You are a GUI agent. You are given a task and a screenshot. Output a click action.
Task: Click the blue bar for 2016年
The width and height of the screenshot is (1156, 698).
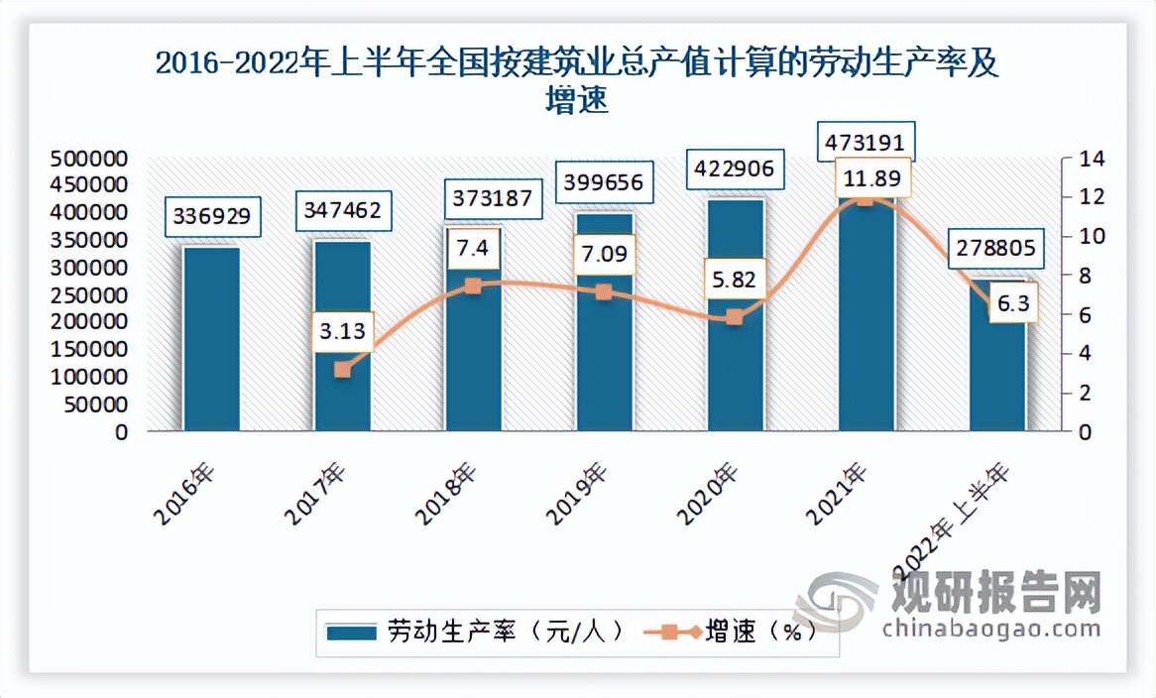[x=211, y=338]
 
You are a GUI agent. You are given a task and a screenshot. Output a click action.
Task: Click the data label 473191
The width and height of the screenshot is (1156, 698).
[x=866, y=140]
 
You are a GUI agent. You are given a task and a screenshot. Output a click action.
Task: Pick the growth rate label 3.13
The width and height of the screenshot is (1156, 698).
[x=342, y=330]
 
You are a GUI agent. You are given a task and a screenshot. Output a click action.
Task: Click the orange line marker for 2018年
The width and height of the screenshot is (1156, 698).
[x=473, y=286]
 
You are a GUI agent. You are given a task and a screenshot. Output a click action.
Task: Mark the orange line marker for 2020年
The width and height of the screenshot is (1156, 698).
[x=734, y=317]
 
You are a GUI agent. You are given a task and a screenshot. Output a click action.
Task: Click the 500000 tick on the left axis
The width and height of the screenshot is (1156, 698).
[x=89, y=159]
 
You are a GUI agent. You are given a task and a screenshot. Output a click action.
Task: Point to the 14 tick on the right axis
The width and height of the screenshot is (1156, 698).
[x=1078, y=159]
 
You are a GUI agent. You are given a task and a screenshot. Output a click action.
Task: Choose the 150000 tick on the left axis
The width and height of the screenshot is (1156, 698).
[x=89, y=350]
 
